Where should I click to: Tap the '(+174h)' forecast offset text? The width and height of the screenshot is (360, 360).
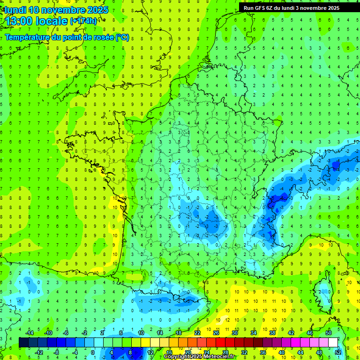click(83, 21)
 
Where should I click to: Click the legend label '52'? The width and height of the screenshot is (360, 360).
click(337, 352)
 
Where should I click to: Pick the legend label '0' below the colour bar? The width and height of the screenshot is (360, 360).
click(93, 352)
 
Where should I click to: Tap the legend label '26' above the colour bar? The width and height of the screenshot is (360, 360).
click(216, 333)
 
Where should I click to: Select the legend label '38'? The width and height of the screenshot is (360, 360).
click(272, 333)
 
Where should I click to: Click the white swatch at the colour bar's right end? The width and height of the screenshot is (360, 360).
click(333, 342)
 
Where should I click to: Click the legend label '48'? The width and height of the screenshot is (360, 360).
click(319, 352)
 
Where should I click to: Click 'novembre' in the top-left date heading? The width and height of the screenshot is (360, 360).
click(63, 10)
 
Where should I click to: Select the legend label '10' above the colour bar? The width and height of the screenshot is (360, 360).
click(141, 333)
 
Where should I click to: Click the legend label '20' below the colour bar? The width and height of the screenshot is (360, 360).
click(187, 352)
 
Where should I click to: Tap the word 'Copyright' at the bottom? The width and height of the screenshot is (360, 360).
click(177, 357)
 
